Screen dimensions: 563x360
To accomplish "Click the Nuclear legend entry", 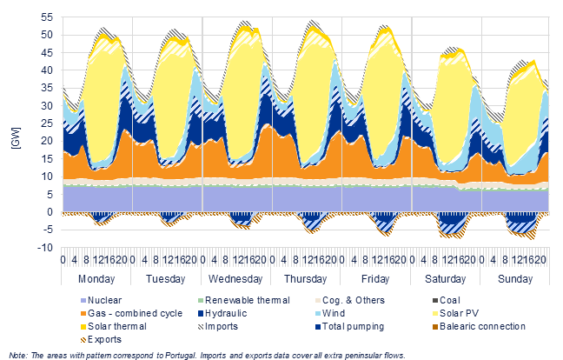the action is [x=102, y=300].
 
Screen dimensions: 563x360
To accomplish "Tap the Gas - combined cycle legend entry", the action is [x=132, y=313].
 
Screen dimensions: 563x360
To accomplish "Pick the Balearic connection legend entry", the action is [x=479, y=326].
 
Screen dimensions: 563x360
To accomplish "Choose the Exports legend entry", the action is [x=102, y=339].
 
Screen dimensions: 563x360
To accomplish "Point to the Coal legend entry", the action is [x=447, y=300].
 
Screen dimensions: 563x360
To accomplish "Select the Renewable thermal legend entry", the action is [x=244, y=300].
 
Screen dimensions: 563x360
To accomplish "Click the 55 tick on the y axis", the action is [x=47, y=17].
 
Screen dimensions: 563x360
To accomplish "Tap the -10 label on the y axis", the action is [x=45, y=248].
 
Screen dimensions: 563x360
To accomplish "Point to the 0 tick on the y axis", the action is [x=50, y=212].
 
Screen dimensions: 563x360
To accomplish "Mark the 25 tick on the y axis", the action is [x=47, y=123].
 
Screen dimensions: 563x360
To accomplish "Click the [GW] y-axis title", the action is [x=17, y=138].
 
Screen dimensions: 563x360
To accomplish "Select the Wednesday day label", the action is [x=235, y=279].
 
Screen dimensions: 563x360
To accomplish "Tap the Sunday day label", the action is [x=515, y=279].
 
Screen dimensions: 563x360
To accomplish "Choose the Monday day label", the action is [x=96, y=279].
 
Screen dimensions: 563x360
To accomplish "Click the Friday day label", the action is [x=375, y=279].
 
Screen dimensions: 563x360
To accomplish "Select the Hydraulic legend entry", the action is [x=222, y=313].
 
